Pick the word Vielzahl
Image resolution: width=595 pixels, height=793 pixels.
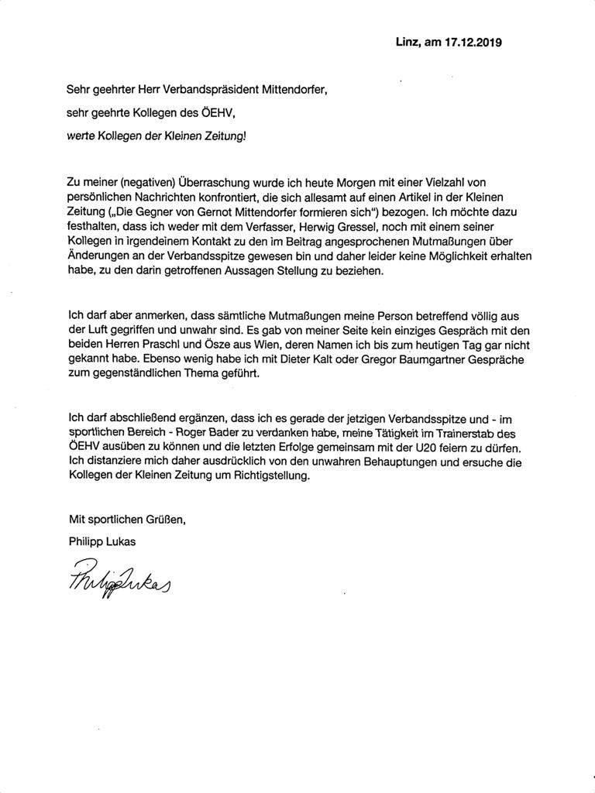tap(459, 182)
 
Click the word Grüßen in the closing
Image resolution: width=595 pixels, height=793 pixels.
tap(163, 521)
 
